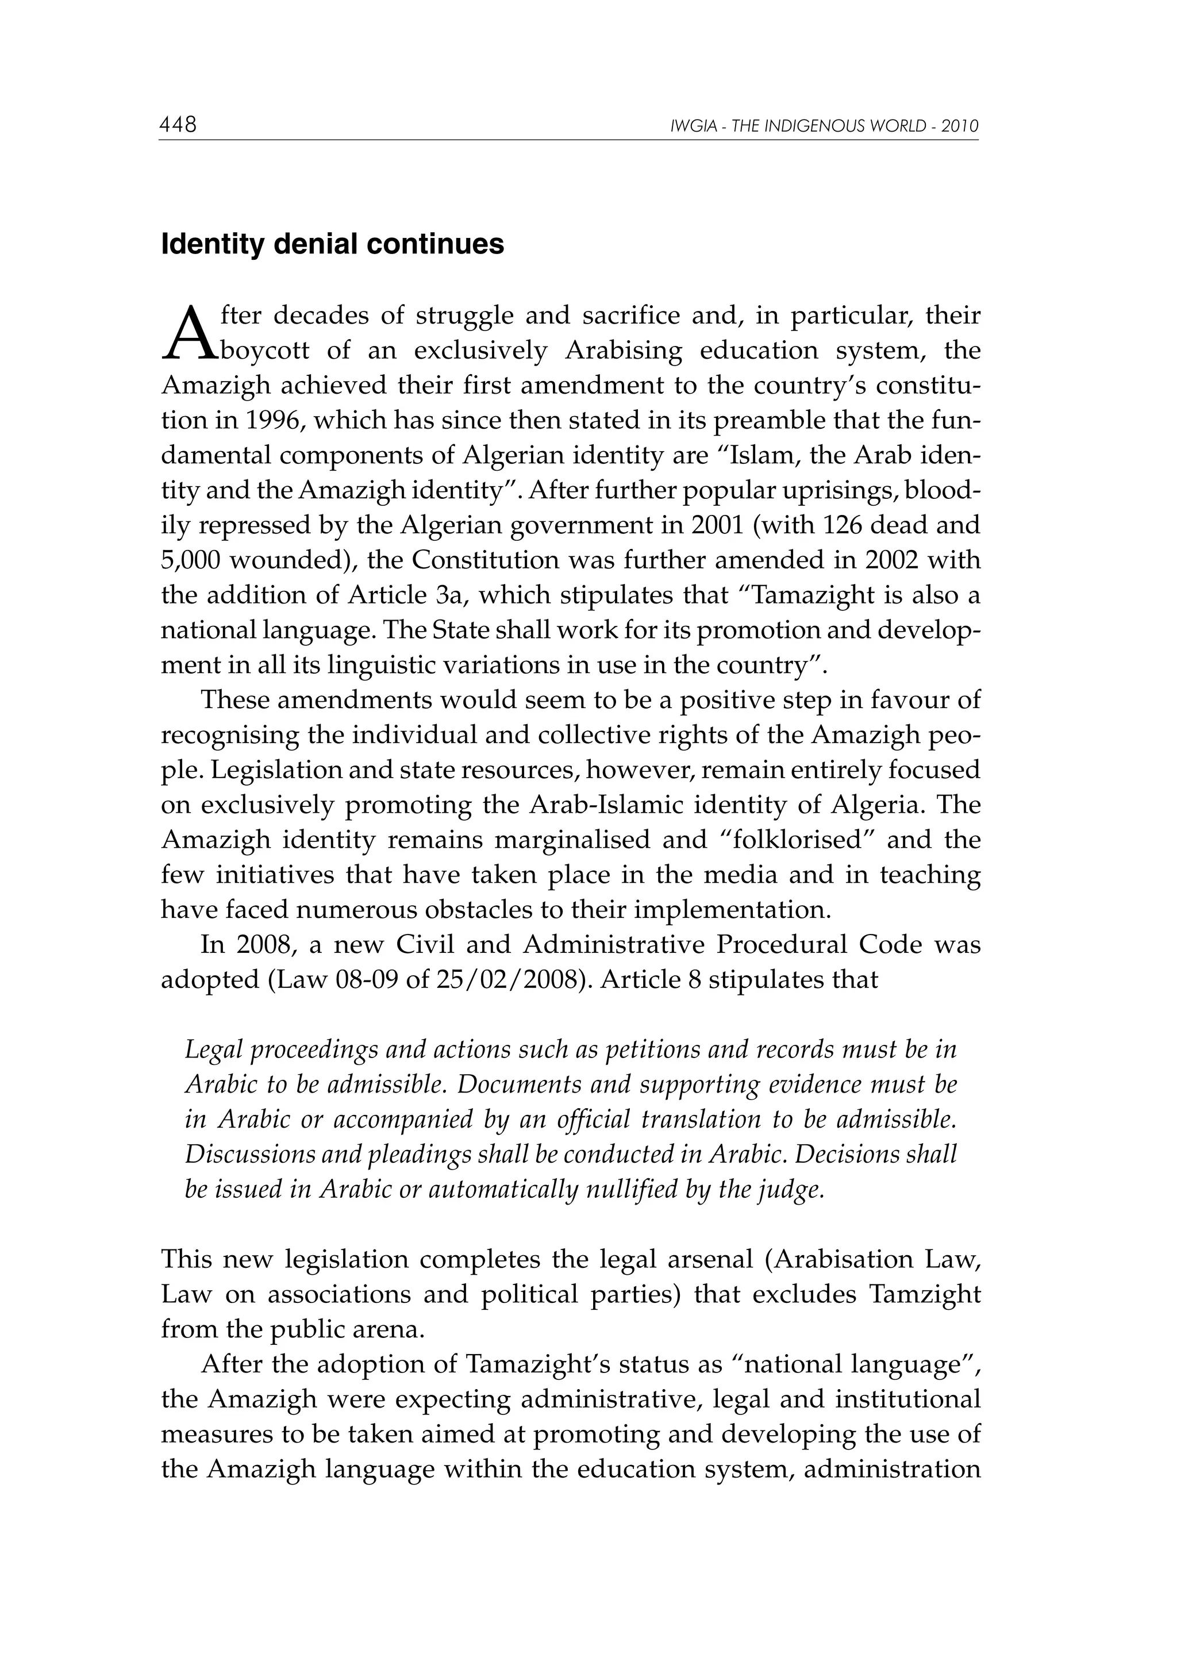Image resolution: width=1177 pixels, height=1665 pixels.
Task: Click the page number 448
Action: pos(178,125)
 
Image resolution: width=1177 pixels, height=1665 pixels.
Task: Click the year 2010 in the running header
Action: pos(960,127)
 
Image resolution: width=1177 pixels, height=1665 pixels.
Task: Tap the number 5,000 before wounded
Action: pos(191,560)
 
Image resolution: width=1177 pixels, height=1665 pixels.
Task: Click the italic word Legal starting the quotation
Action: pos(210,1050)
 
